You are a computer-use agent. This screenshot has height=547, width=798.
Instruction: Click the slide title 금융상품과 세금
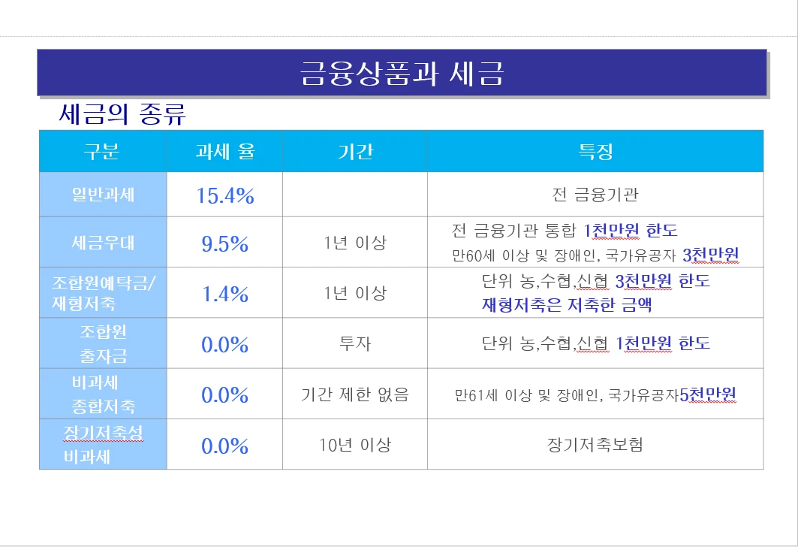(x=402, y=74)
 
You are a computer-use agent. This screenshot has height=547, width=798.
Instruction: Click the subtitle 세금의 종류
(x=122, y=115)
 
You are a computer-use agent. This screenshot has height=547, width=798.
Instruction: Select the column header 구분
(x=102, y=152)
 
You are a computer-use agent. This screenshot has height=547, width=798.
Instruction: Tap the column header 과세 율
(x=225, y=152)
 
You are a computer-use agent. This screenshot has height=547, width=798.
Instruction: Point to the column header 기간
(x=355, y=152)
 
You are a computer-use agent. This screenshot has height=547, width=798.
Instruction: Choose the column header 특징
(x=595, y=152)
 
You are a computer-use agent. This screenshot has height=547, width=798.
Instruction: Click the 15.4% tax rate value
(x=225, y=196)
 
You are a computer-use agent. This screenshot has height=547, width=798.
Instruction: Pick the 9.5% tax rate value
(x=225, y=243)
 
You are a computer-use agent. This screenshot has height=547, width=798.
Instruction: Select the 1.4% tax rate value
(x=225, y=294)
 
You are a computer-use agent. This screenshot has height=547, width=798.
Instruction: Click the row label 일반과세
(x=103, y=195)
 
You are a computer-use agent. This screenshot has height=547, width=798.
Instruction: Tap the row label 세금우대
(x=103, y=243)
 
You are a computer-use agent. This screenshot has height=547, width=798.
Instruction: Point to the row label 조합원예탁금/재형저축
(x=103, y=293)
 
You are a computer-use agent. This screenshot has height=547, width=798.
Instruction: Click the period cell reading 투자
(x=355, y=343)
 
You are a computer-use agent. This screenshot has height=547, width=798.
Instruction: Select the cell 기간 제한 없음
(x=355, y=394)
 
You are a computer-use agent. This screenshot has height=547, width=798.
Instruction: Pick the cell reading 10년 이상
(x=355, y=445)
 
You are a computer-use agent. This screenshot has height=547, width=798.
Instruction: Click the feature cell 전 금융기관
(x=595, y=195)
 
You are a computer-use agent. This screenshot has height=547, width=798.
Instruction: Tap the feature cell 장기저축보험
(x=595, y=445)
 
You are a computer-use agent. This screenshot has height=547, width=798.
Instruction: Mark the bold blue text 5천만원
(x=709, y=394)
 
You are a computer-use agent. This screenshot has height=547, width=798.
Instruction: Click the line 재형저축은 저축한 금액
(x=567, y=305)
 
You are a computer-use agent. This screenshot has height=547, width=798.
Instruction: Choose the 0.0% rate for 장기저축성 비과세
(x=225, y=446)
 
